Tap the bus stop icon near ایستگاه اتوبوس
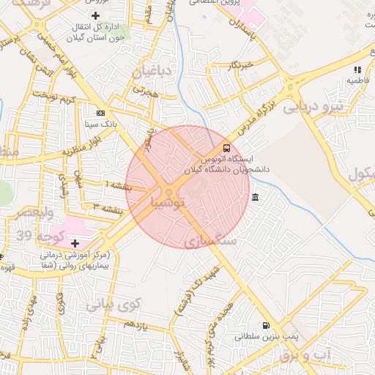pos(226,147)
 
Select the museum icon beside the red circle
pos(255,197)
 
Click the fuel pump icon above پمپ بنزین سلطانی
pos(265,326)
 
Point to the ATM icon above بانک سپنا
pos(101,113)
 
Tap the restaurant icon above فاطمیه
pos(357,69)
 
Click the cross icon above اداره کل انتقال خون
pos(95,15)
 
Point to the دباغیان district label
pos(153,72)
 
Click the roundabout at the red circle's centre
pos(169,192)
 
